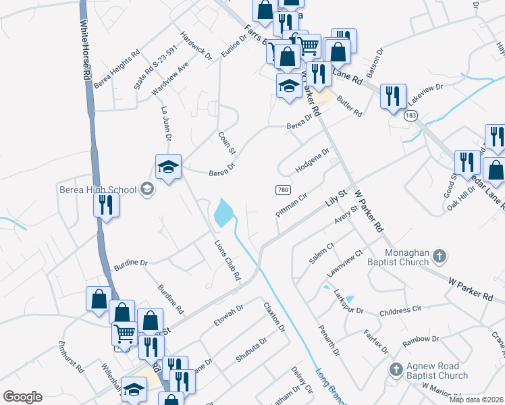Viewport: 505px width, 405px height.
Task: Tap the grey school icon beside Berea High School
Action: coord(146,189)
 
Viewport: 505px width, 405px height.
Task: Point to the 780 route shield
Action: coord(283,190)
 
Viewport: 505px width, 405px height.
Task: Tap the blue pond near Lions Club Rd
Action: coord(223,213)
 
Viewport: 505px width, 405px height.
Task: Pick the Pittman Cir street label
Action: coord(292,205)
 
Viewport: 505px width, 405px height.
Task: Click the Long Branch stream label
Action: coord(330,383)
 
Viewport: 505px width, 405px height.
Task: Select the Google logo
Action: coord(22,397)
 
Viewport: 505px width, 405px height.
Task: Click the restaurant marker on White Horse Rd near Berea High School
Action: coord(105,204)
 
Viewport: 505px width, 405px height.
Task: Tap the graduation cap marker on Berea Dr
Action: coord(168,167)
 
